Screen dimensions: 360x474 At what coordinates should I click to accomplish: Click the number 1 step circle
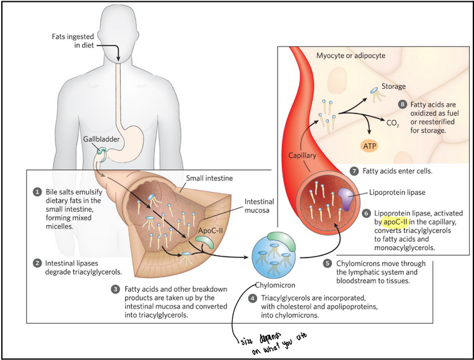tap(38, 192)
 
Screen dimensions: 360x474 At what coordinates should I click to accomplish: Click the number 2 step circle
tap(38, 262)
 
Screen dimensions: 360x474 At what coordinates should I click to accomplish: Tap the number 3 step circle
tap(115, 289)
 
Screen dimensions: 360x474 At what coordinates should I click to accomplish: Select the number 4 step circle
tap(251, 299)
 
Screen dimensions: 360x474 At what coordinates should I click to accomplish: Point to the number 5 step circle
tap(326, 263)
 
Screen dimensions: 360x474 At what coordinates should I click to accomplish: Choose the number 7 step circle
tap(354, 171)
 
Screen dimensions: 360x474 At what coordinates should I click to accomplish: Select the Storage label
tap(393, 86)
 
